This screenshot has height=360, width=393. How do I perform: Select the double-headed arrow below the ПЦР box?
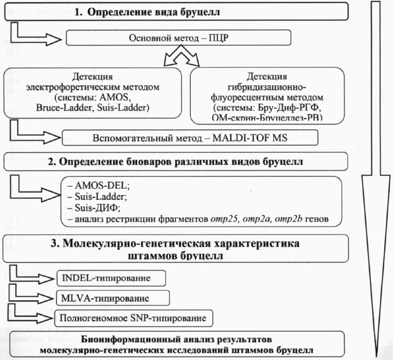[x=181, y=61]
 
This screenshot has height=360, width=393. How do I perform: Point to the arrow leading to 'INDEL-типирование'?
[x=34, y=276]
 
